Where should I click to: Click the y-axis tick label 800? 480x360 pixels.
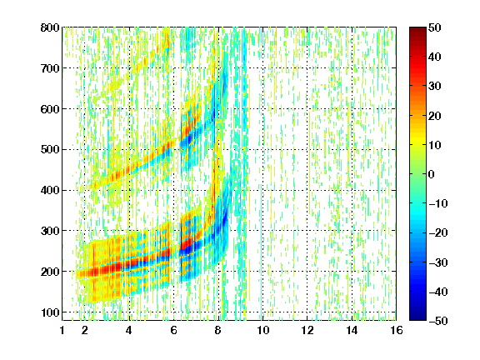pyautogui.click(x=50, y=27)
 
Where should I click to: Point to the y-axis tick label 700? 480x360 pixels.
pyautogui.click(x=50, y=68)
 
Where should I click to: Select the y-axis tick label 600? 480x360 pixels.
pyautogui.click(x=50, y=109)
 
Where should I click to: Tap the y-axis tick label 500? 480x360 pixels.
pyautogui.click(x=50, y=150)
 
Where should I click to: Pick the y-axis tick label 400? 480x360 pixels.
pyautogui.click(x=50, y=190)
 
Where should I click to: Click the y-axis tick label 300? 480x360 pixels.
pyautogui.click(x=50, y=231)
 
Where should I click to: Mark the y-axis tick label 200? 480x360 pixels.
pyautogui.click(x=50, y=272)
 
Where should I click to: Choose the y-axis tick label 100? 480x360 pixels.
pyautogui.click(x=50, y=312)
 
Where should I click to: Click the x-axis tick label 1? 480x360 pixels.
pyautogui.click(x=62, y=330)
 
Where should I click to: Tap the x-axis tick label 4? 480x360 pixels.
pyautogui.click(x=129, y=330)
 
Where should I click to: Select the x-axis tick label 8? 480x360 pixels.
pyautogui.click(x=218, y=330)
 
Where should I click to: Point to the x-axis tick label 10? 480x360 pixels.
pyautogui.click(x=263, y=330)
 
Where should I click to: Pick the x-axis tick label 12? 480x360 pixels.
pyautogui.click(x=307, y=330)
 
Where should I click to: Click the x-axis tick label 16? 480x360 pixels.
pyautogui.click(x=397, y=330)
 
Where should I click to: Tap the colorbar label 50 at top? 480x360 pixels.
pyautogui.click(x=435, y=27)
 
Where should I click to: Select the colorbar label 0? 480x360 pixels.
pyautogui.click(x=432, y=174)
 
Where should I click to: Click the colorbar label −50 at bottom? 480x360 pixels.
pyautogui.click(x=438, y=321)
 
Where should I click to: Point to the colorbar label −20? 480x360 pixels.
pyautogui.click(x=438, y=233)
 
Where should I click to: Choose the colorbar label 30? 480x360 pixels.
pyautogui.click(x=435, y=87)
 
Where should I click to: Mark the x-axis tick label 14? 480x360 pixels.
pyautogui.click(x=352, y=330)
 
